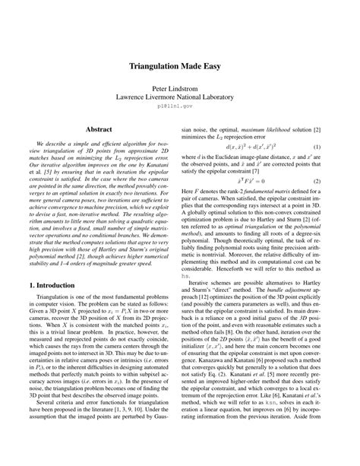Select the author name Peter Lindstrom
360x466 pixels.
coord(180,88)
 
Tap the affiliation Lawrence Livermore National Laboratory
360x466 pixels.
coord(180,98)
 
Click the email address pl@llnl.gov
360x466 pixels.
coord(180,109)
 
